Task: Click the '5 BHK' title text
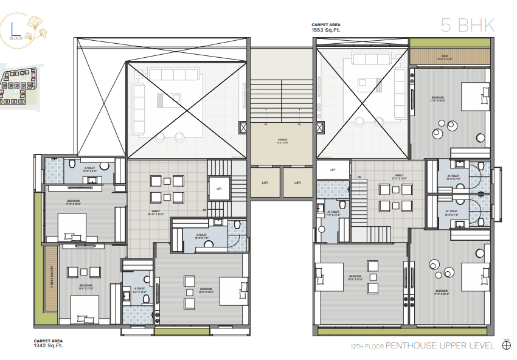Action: point(467,25)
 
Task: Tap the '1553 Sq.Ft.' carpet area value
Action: point(327,30)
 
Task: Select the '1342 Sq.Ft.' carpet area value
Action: point(48,345)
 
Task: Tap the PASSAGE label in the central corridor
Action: point(282,141)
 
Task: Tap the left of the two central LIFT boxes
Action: point(266,182)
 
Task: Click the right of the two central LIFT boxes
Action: point(297,182)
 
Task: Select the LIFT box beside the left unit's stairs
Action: point(220,189)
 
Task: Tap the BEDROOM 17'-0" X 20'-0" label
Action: point(442,292)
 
